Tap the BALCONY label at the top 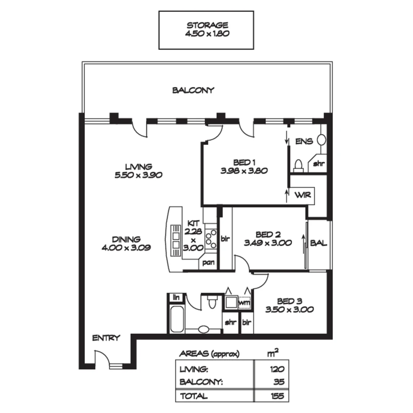(x=193, y=91)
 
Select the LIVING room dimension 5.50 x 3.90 (x=139, y=176)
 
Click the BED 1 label (x=244, y=162)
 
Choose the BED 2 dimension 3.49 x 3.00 (x=268, y=242)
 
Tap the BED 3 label (x=289, y=301)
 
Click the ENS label (x=304, y=141)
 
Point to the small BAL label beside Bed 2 (x=319, y=243)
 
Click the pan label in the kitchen (x=208, y=263)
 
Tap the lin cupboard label (x=176, y=297)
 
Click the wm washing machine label (x=245, y=302)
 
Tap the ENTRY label (x=106, y=338)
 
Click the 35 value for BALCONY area (x=278, y=382)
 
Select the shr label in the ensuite (x=319, y=164)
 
